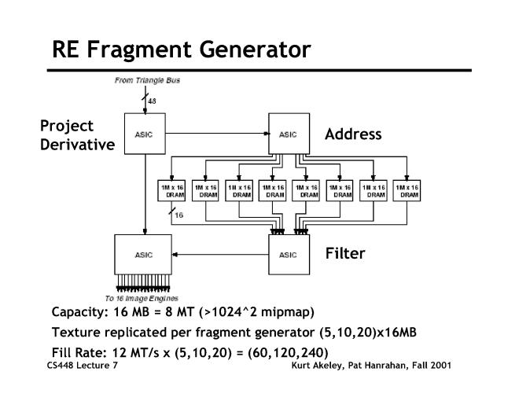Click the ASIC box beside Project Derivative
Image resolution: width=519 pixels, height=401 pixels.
[x=144, y=134]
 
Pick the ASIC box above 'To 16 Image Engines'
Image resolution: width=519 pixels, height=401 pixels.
[x=144, y=254]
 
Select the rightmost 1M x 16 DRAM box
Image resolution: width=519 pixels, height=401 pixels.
[x=406, y=191]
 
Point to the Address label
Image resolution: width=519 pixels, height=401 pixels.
[x=353, y=134]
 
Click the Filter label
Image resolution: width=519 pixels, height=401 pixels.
[x=345, y=254]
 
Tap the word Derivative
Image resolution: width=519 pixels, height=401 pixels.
[x=77, y=145]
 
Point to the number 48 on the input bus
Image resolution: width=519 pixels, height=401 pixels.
[x=152, y=101]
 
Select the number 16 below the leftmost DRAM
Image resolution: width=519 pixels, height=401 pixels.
[x=178, y=215]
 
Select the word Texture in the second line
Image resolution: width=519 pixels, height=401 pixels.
[x=77, y=331]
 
